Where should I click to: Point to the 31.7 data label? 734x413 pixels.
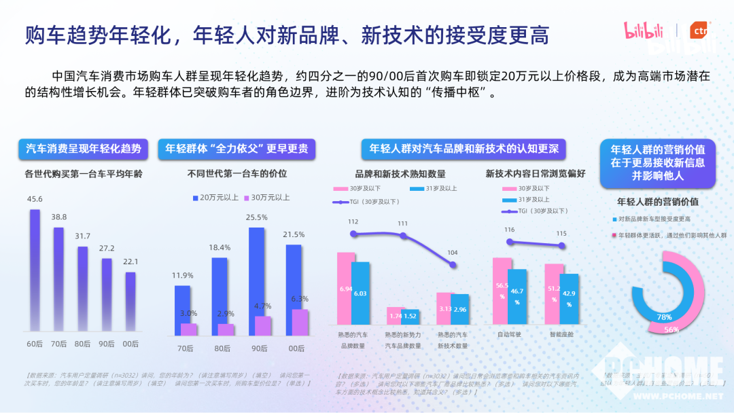click(82, 236)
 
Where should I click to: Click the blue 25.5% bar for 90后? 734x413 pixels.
click(256, 281)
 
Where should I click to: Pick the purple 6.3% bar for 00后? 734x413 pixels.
click(300, 322)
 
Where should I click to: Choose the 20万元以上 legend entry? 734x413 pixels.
click(215, 198)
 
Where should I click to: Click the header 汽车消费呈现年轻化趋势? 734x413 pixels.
click(84, 148)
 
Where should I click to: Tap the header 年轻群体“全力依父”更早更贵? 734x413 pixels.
click(237, 148)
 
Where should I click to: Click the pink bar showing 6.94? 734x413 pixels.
click(346, 288)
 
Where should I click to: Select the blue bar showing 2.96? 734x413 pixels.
click(459, 309)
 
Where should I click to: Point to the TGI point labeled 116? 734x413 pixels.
click(510, 241)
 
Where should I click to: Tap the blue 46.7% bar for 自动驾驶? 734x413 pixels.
click(517, 296)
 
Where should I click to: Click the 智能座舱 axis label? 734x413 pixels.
click(561, 335)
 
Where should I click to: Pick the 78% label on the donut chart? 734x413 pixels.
click(664, 317)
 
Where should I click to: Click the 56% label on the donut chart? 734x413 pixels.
click(671, 329)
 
